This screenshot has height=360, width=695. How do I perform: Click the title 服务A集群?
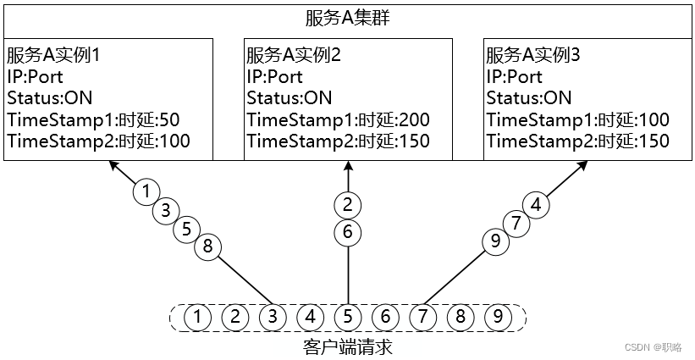click(x=347, y=18)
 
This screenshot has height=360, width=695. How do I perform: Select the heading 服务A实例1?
click(x=53, y=56)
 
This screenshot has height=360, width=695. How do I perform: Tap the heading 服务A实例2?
click(x=294, y=56)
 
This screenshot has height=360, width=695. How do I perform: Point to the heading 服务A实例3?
click(x=533, y=56)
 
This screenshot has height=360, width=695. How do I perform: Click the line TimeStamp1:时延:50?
click(x=93, y=119)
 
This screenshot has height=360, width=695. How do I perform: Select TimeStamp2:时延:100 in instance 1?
click(x=98, y=141)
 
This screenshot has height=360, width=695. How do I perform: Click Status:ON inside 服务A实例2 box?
click(x=290, y=98)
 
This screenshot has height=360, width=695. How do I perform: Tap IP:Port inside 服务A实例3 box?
click(x=514, y=77)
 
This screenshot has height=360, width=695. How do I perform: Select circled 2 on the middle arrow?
click(x=347, y=203)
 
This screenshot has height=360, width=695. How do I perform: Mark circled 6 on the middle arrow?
click(x=347, y=231)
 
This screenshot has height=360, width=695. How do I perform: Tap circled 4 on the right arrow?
click(x=535, y=204)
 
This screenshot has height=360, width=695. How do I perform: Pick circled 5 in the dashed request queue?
click(x=347, y=318)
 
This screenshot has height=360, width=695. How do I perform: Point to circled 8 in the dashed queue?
click(x=461, y=318)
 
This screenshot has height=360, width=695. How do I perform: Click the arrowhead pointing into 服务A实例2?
click(x=347, y=168)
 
